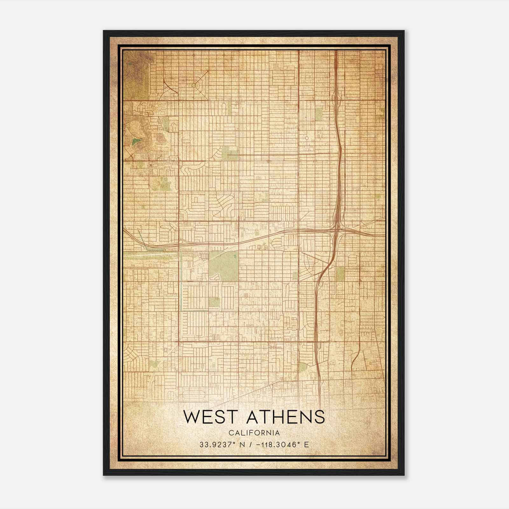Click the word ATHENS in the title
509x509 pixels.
pos(286,417)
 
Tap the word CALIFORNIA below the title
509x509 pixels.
pos(254,433)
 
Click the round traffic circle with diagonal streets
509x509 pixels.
pos(194,85)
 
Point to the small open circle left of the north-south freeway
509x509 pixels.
pos(307,138)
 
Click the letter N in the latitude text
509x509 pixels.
pos(242,444)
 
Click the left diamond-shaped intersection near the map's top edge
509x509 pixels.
pos(194,55)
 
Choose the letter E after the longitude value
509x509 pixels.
pos(306,444)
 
